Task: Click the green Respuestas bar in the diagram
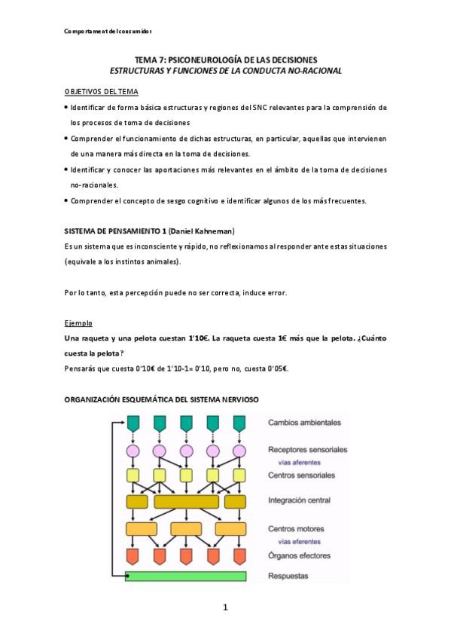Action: tap(186, 576)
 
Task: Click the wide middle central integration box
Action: tap(186, 501)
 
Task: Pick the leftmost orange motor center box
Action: tap(140, 529)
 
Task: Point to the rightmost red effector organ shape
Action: tap(239, 557)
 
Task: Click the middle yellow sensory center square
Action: tap(186, 475)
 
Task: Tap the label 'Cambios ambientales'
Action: tap(305, 423)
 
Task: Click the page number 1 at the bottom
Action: tap(225, 608)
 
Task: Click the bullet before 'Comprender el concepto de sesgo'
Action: tap(66, 201)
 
